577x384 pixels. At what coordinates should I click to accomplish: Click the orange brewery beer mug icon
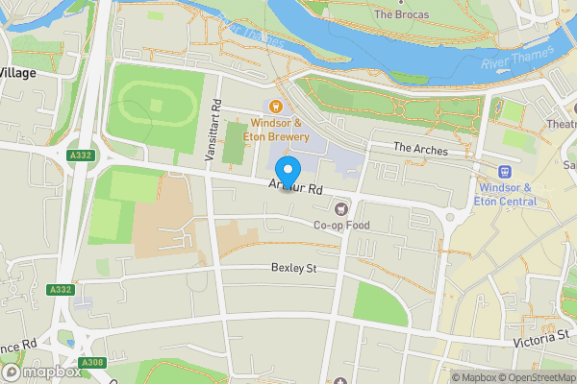(276, 108)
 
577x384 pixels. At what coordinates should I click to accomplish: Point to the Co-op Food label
(340, 225)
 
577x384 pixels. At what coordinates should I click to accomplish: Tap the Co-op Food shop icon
(339, 208)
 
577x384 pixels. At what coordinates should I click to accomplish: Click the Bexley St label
(293, 269)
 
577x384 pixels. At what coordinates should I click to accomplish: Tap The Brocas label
(401, 14)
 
